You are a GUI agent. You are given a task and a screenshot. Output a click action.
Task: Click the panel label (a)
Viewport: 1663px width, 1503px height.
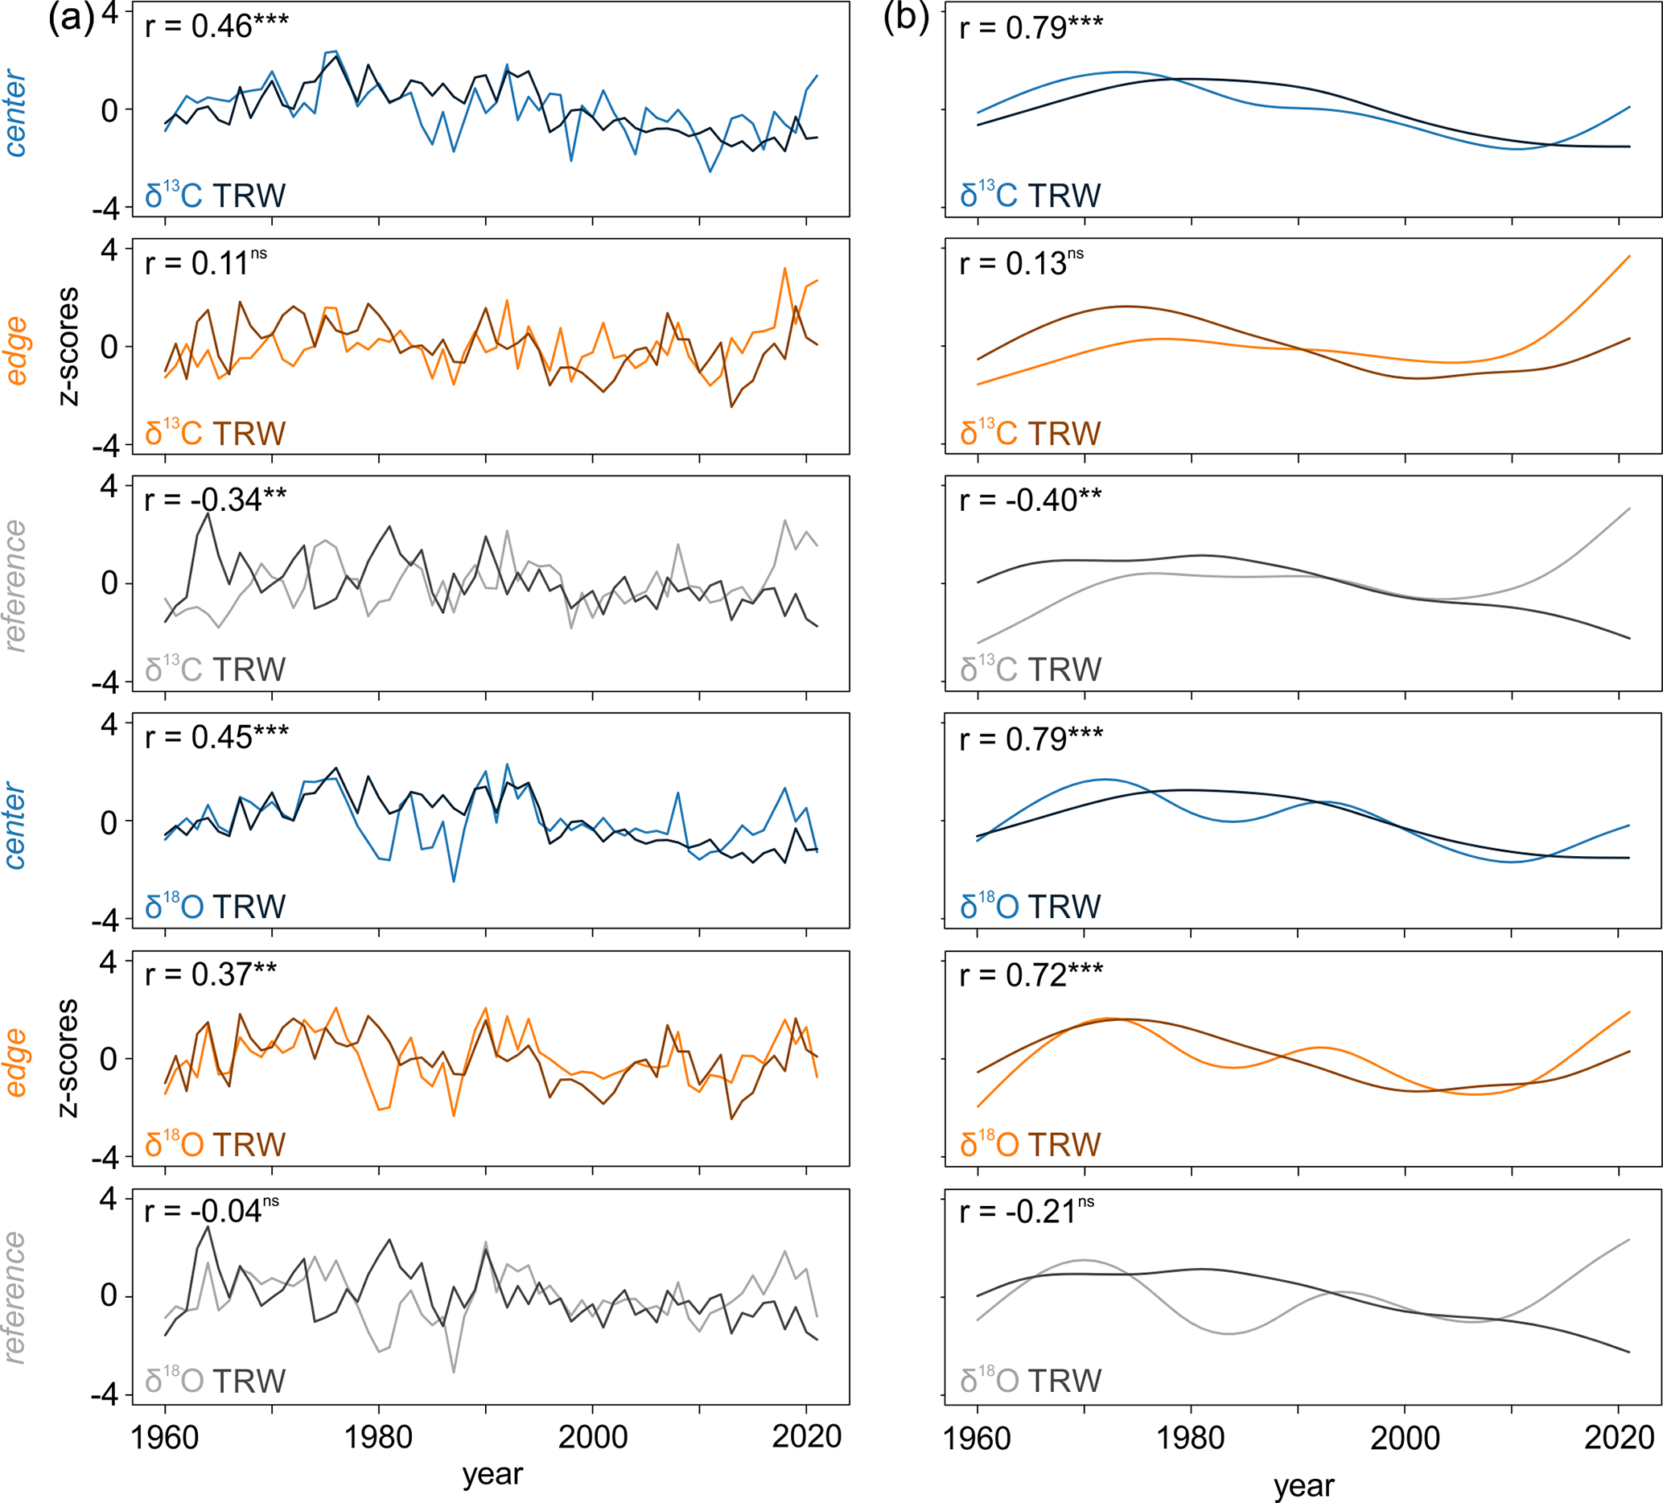pyautogui.click(x=72, y=19)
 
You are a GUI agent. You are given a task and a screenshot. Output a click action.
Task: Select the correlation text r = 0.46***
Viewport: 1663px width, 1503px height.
pyautogui.click(x=216, y=27)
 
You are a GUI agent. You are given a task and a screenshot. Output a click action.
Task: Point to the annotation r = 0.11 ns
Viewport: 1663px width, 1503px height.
pyautogui.click(x=205, y=263)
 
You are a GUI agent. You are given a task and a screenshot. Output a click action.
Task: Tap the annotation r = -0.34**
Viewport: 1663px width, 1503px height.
pyautogui.click(x=216, y=500)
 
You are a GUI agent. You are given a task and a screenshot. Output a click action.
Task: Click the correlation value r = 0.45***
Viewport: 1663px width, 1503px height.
pyautogui.click(x=216, y=738)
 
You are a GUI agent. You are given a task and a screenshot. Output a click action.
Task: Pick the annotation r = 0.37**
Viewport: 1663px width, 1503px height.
pyautogui.click(x=210, y=974)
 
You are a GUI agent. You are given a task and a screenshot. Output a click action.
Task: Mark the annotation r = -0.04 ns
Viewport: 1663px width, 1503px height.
pyautogui.click(x=211, y=1210)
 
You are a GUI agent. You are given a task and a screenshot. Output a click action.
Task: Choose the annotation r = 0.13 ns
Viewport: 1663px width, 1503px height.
pyautogui.click(x=1021, y=263)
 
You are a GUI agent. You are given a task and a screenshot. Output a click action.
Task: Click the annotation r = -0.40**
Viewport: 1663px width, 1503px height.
pyautogui.click(x=1031, y=500)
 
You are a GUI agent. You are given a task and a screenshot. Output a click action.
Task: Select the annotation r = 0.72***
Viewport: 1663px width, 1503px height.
pyautogui.click(x=1031, y=975)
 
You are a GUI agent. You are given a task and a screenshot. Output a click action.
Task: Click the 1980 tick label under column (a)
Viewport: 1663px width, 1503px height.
pyautogui.click(x=378, y=1437)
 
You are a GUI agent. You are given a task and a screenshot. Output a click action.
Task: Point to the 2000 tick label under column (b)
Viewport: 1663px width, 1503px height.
pyautogui.click(x=1405, y=1438)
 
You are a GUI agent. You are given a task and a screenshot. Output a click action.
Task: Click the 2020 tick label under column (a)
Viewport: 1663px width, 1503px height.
pyautogui.click(x=806, y=1437)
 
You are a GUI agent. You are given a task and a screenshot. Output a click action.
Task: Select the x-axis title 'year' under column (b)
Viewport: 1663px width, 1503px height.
pyautogui.click(x=1303, y=1484)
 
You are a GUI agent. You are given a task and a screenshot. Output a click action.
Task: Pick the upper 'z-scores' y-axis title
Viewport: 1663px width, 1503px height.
pyautogui.click(x=69, y=347)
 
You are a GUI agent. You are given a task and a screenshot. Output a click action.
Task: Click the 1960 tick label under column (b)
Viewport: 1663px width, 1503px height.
pyautogui.click(x=977, y=1438)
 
